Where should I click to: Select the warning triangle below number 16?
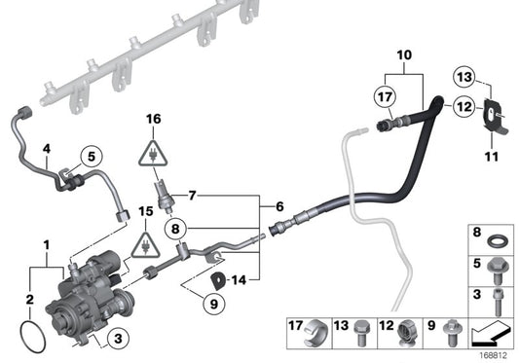click(152, 151)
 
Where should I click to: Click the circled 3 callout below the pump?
click(116, 338)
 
